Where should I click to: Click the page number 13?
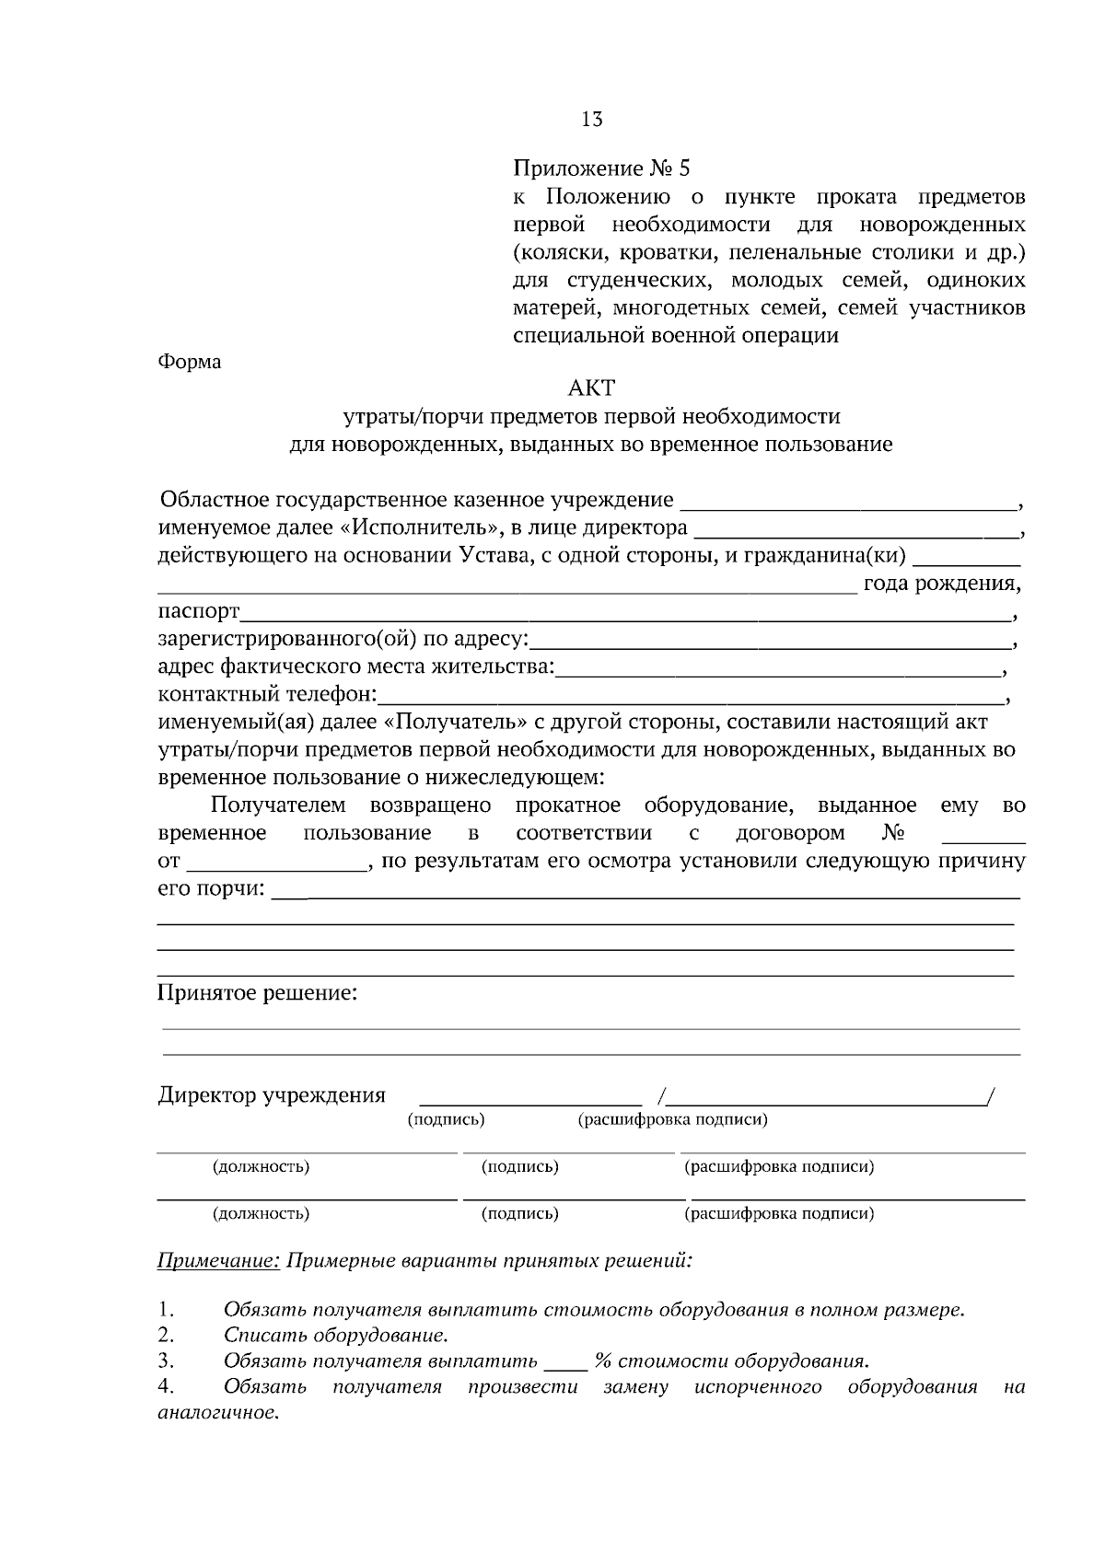[x=592, y=119]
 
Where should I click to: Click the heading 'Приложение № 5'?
[x=600, y=168]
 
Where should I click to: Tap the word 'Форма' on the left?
[x=190, y=362]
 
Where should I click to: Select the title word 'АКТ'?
[x=591, y=388]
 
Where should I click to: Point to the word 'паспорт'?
[x=199, y=612]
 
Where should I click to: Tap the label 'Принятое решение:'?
[x=257, y=993]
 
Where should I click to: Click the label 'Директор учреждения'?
[x=272, y=1095]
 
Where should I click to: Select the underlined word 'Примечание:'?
[x=218, y=1260]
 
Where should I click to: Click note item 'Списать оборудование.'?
[x=336, y=1335]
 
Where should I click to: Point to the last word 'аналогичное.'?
[x=218, y=1413]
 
